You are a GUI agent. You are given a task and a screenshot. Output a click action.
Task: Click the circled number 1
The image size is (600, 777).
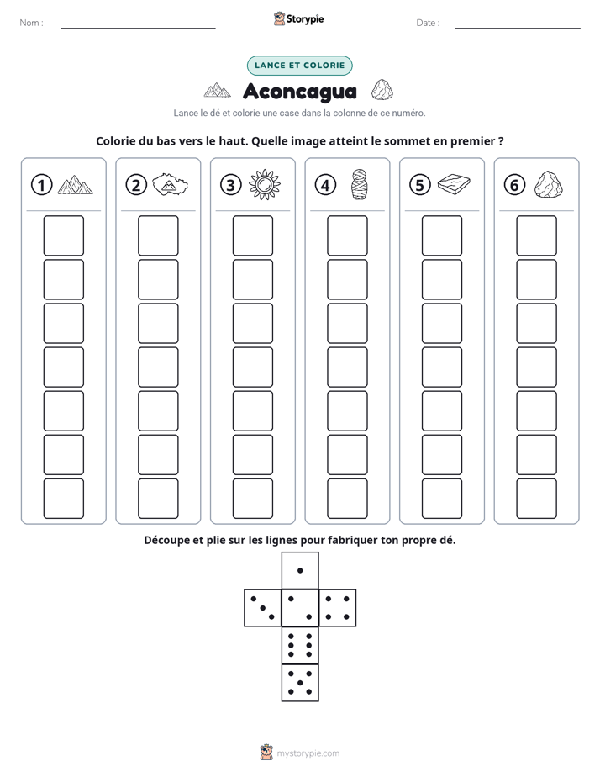[x=41, y=185]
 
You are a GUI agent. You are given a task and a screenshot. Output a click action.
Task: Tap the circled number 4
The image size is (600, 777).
[x=325, y=185]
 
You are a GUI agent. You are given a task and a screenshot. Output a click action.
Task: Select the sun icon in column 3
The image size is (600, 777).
[x=265, y=185]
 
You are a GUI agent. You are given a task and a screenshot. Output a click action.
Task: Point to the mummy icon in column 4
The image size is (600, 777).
[x=359, y=184]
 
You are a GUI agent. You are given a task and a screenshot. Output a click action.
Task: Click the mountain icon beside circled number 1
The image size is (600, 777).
[x=76, y=185]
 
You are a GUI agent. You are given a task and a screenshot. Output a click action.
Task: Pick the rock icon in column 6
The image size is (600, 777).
[x=549, y=185]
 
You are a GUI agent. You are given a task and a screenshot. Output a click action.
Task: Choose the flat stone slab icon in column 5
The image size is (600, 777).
[x=454, y=184]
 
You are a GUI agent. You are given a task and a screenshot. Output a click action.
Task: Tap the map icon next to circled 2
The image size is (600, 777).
[x=170, y=185]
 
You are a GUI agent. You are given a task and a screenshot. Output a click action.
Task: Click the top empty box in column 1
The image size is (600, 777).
[x=63, y=235]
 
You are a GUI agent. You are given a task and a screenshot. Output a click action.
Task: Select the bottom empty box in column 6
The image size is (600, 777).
[x=536, y=499]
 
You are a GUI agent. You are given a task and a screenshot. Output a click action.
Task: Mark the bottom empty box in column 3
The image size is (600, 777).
[x=252, y=499]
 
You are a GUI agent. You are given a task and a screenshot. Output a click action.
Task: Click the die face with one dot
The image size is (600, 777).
[x=300, y=571]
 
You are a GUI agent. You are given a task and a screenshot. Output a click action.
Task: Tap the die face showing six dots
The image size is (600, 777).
[x=300, y=645]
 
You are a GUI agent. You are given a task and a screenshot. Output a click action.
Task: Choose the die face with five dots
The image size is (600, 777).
[x=300, y=683]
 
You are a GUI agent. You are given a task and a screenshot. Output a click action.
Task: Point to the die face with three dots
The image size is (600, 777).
[x=263, y=608]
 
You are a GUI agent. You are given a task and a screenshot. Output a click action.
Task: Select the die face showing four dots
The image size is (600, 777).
[x=338, y=608]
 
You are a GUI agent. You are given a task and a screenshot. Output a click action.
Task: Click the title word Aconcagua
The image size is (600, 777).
[x=300, y=92]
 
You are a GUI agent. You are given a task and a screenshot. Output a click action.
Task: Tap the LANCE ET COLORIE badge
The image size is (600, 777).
[x=299, y=66]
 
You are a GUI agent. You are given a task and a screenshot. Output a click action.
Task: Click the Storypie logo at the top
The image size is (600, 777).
[x=298, y=19]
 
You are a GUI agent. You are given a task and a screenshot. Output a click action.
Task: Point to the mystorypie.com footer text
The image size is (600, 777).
[x=308, y=753]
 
